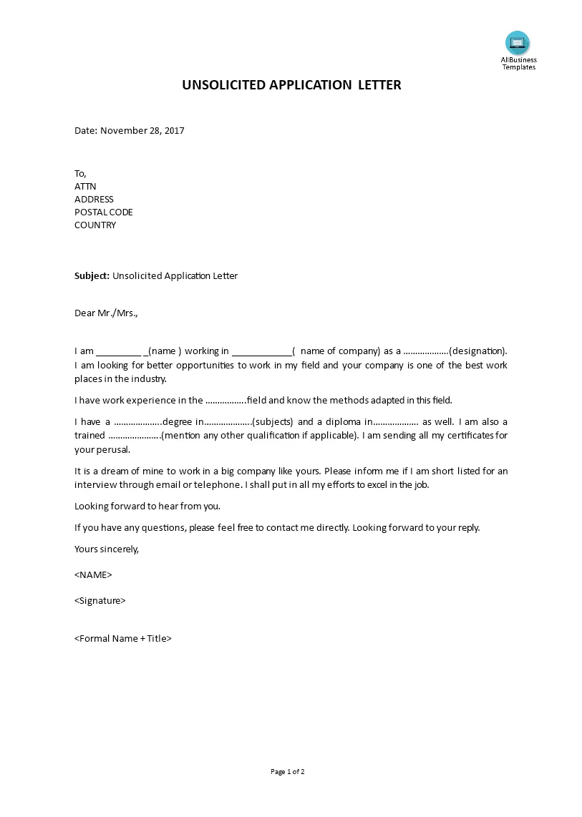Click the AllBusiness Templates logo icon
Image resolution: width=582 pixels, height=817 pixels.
coord(517,42)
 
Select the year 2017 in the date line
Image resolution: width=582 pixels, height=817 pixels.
coord(173,131)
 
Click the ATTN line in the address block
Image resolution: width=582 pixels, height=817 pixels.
coord(85,187)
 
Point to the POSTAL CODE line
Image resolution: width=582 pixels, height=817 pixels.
coord(104,212)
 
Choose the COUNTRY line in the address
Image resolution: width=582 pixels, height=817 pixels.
coord(95,225)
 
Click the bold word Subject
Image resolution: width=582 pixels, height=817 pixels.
coord(92,276)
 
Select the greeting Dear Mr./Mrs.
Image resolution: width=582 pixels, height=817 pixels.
coord(106,313)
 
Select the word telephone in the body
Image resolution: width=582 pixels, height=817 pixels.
coord(219,485)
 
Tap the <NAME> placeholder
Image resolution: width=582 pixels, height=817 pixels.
coord(93,575)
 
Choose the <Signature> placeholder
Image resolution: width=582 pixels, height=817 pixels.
coord(100,601)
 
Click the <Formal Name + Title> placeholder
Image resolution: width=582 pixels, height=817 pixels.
coord(123,639)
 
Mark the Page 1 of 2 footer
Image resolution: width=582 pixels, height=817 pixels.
coord(288,772)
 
